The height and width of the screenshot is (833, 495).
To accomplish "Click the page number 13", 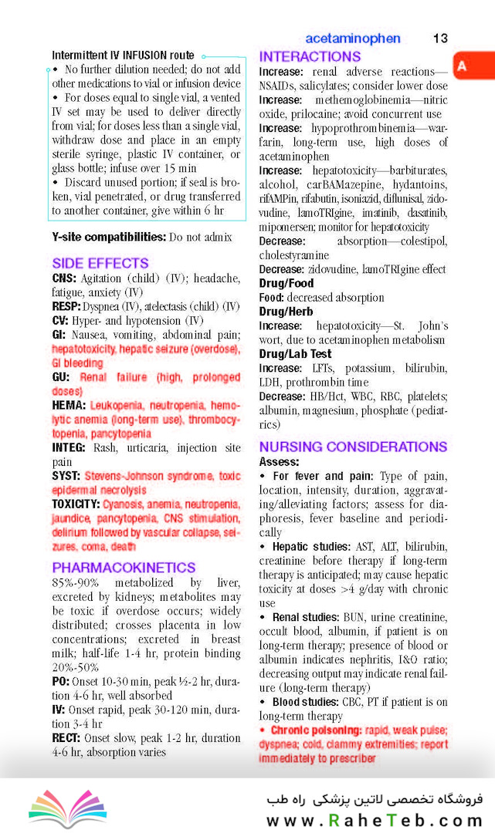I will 440,39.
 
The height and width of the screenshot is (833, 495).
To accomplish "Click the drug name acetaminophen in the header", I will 353,39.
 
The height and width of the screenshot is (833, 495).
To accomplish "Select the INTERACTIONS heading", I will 310,57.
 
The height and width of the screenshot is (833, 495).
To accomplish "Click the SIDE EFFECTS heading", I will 100,263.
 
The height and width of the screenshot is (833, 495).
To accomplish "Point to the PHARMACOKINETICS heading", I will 124,567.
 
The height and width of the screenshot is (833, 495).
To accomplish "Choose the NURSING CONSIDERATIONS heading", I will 353,447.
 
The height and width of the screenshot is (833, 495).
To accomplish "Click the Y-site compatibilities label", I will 108,236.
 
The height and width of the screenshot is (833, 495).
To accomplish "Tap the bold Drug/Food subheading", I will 286,283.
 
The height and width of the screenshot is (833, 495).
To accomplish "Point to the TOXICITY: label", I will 76,504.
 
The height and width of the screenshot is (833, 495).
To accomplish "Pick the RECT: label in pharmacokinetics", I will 67,738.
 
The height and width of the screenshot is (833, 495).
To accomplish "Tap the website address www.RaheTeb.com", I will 375,821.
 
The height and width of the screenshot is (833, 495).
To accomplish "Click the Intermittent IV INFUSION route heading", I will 123,56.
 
